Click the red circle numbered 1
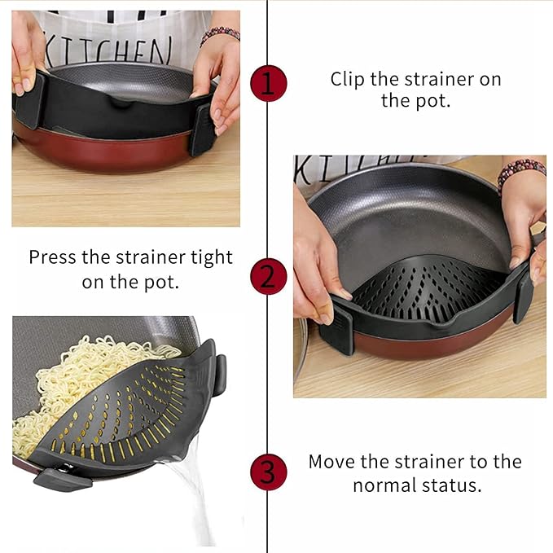coord(268,83)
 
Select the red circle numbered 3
coord(268,472)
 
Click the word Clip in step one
coord(348,80)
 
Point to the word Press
coord(54,257)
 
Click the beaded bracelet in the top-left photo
coord(220,33)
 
